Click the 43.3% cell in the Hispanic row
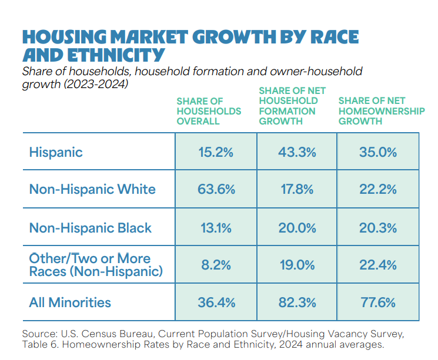[x=297, y=152]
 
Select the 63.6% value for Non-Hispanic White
[x=216, y=190]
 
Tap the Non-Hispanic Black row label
[x=91, y=228]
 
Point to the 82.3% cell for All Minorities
[x=297, y=303]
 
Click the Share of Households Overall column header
[x=209, y=111]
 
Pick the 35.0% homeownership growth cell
[x=377, y=152]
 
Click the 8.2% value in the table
[x=216, y=265]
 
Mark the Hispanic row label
[x=56, y=152]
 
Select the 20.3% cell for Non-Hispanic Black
[x=377, y=228]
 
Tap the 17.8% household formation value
[x=297, y=190]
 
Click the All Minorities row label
[x=70, y=303]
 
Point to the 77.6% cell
[x=377, y=303]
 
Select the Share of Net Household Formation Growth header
[x=288, y=106]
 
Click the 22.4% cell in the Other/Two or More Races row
[x=377, y=265]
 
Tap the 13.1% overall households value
[x=216, y=228]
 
